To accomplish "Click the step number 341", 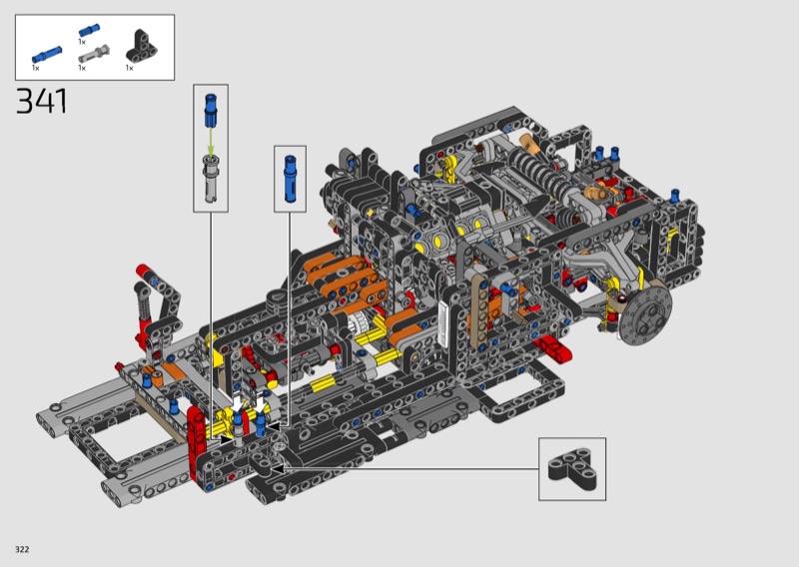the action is [x=42, y=101].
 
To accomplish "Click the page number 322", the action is [x=22, y=549].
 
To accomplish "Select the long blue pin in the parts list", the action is [x=47, y=54].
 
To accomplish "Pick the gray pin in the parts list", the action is [x=94, y=53].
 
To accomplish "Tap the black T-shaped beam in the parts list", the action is [x=141, y=47].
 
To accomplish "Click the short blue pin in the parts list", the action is [x=89, y=30].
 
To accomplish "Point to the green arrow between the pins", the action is [x=211, y=141].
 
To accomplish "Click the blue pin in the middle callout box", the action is [x=290, y=179].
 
